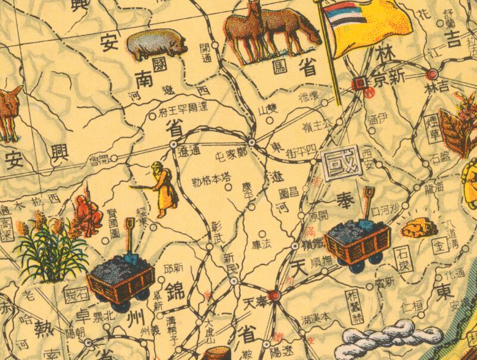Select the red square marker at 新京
click(360, 83)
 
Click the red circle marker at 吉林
click(432, 75)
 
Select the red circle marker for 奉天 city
click(274, 294)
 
